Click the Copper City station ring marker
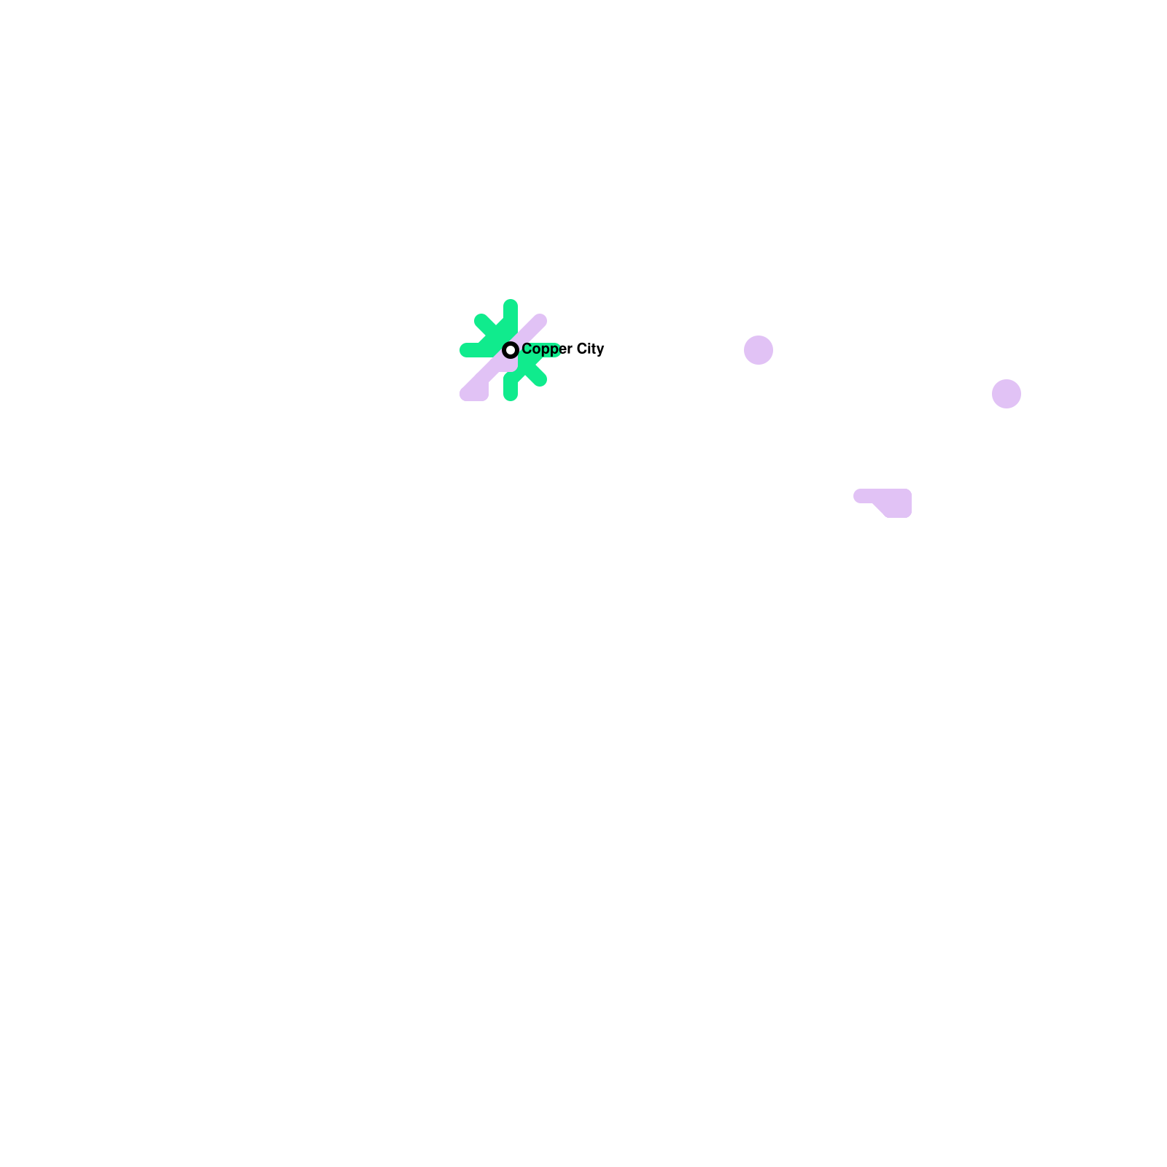tap(511, 350)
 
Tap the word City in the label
tap(591, 349)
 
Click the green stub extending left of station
tap(468, 350)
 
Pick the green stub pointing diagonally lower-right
tap(538, 378)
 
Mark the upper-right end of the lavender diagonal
tap(540, 321)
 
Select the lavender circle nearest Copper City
tap(759, 350)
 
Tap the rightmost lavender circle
tap(1007, 394)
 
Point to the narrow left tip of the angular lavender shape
tap(859, 496)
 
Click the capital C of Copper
tap(527, 349)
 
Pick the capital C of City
tap(583, 349)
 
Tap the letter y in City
tap(600, 351)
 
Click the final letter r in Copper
tap(570, 350)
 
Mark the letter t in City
tap(594, 349)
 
